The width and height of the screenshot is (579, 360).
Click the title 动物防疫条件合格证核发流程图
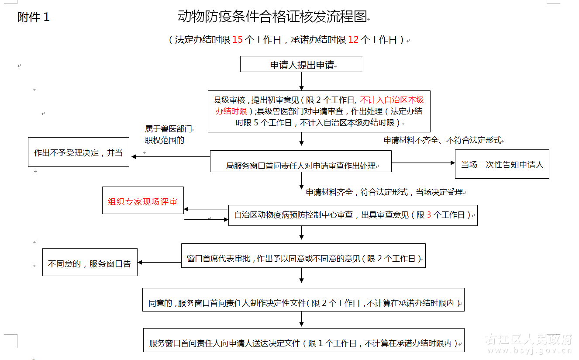(272, 17)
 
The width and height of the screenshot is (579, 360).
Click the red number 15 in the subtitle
(237, 40)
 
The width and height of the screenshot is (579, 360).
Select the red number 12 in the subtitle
(353, 40)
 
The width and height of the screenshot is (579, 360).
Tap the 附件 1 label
(34, 17)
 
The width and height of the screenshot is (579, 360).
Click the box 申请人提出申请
(302, 64)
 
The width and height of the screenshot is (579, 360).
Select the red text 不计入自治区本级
(392, 99)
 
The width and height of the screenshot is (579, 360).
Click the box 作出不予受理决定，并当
(79, 152)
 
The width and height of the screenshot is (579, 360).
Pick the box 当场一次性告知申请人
(502, 164)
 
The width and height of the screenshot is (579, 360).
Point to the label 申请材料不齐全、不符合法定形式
(442, 140)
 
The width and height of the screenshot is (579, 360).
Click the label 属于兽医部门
(169, 129)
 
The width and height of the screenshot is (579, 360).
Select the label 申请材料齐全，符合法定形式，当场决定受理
(384, 192)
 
